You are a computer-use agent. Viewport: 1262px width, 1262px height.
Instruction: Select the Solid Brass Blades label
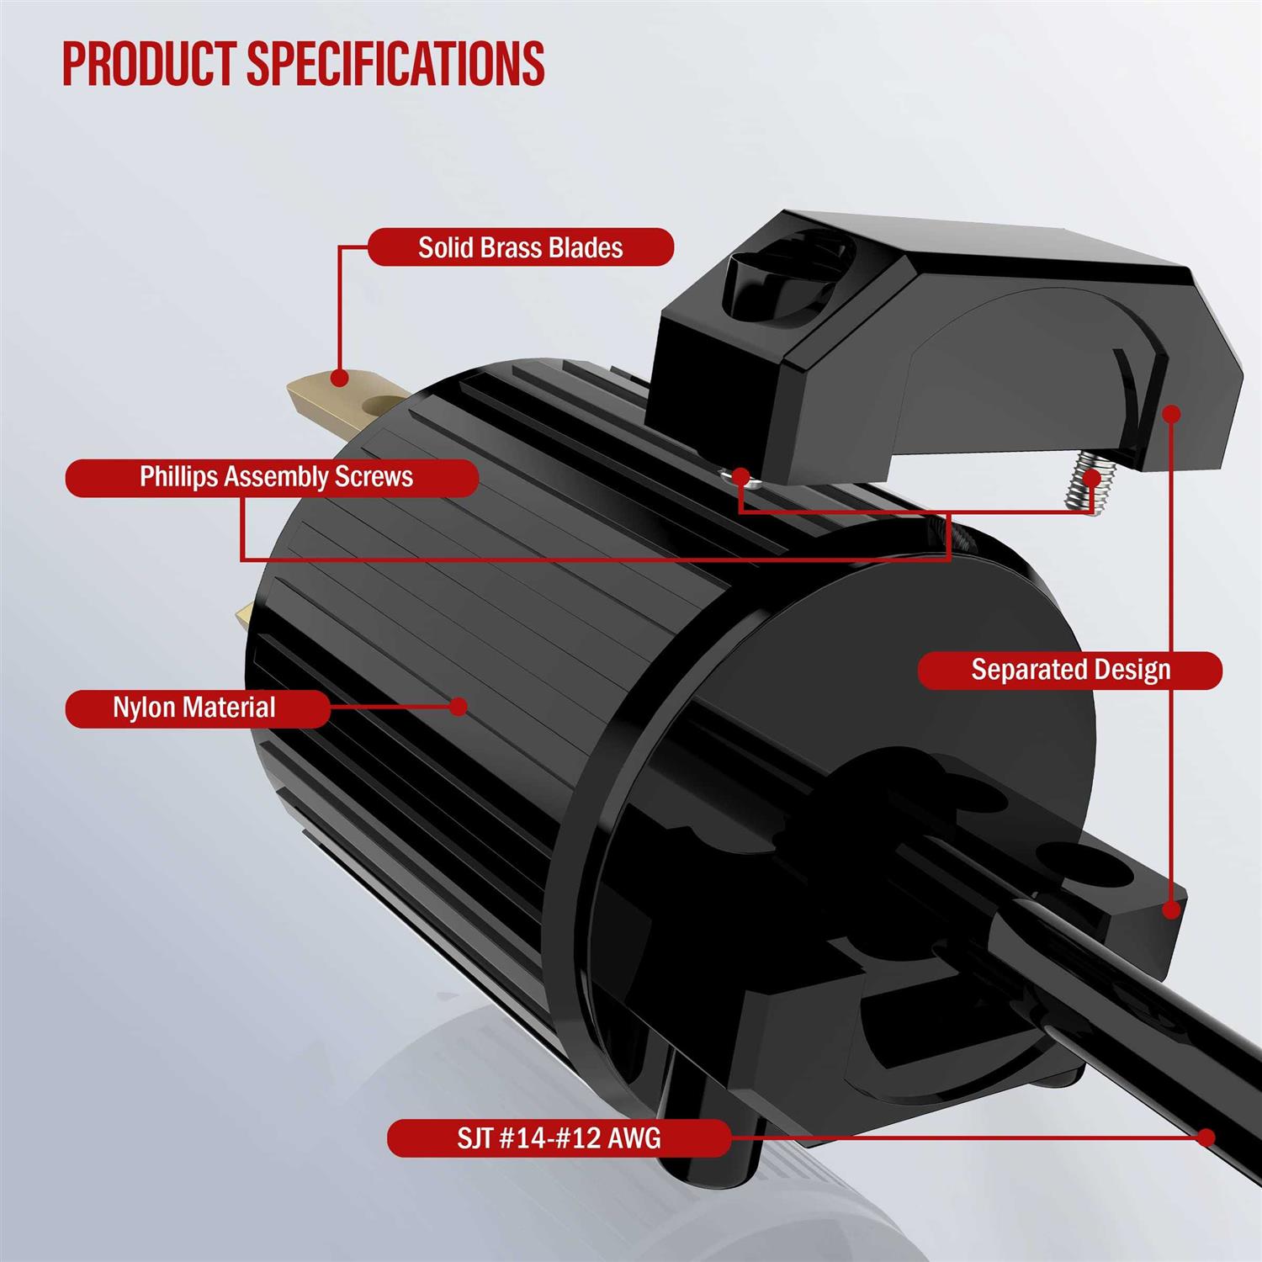(521, 247)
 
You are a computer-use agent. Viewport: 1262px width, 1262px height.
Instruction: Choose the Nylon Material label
(195, 708)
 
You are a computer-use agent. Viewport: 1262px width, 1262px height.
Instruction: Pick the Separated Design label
(1070, 670)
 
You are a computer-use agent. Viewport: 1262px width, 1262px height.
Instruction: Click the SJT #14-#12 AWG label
(558, 1137)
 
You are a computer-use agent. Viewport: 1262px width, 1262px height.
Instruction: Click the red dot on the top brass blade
(339, 378)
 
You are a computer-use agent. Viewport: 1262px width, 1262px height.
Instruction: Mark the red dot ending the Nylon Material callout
(459, 706)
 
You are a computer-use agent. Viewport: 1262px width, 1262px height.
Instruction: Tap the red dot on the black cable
(1206, 1137)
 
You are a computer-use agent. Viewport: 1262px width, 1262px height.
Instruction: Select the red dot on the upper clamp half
(1171, 413)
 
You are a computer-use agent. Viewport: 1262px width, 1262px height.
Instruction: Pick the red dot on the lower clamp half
(1170, 909)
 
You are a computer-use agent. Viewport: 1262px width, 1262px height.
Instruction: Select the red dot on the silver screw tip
(1092, 477)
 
